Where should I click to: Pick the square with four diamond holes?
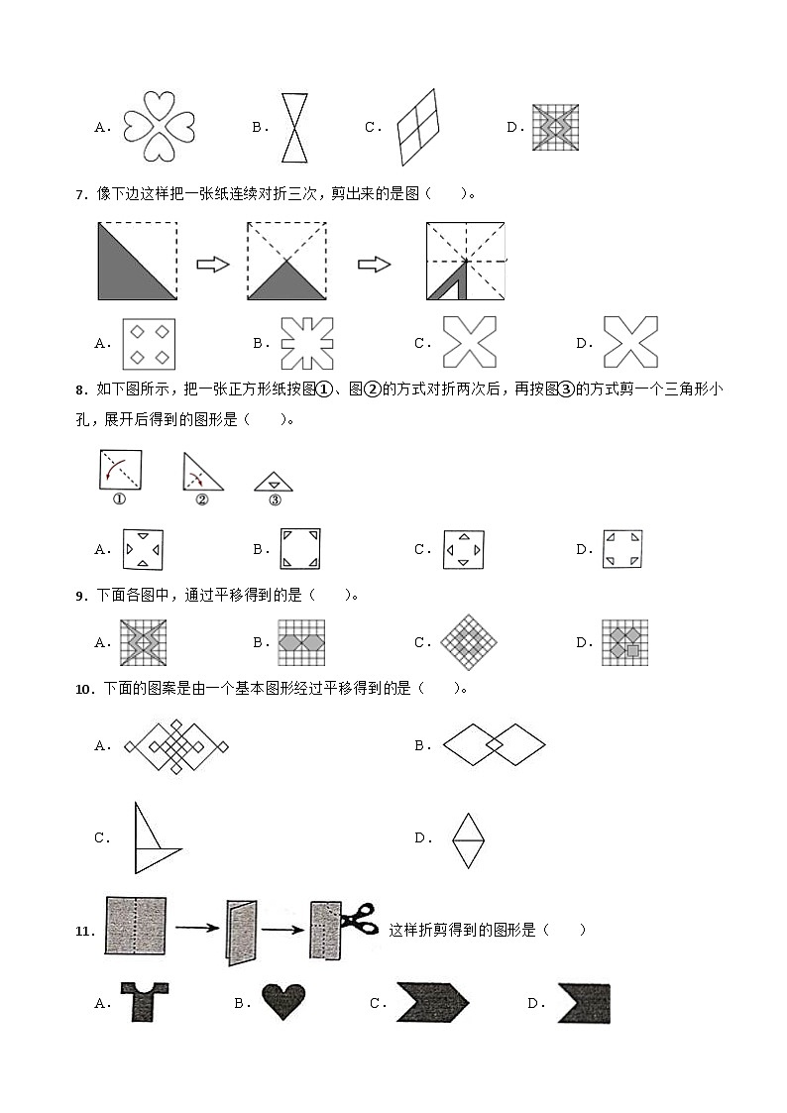pos(149,343)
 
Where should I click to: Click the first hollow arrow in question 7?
pos(213,264)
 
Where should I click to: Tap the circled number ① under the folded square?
pos(119,500)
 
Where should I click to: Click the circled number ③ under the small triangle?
pos(275,500)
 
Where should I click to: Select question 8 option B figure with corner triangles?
pos(301,549)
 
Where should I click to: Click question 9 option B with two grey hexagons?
pos(301,642)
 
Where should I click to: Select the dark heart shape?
pos(283,1002)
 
